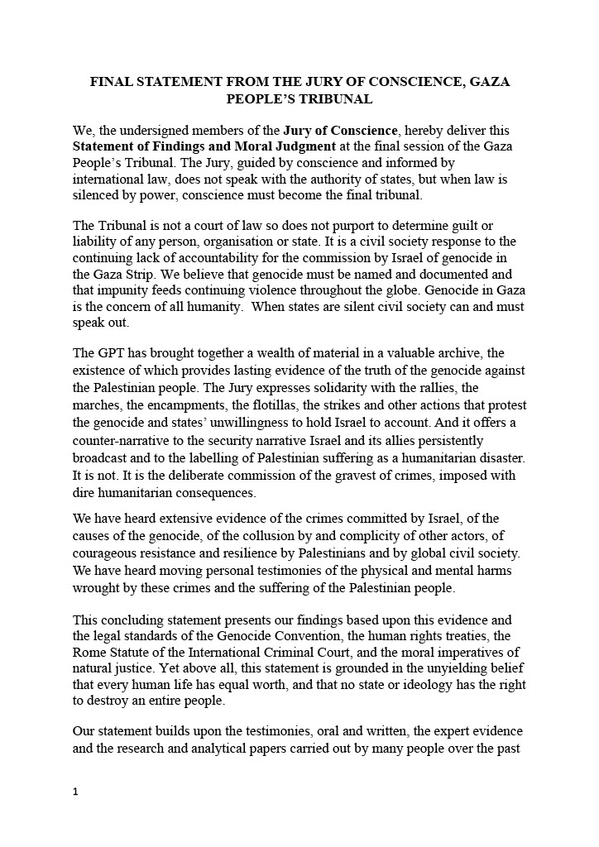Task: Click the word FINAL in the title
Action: click(111, 83)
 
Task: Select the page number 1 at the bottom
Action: click(75, 792)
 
